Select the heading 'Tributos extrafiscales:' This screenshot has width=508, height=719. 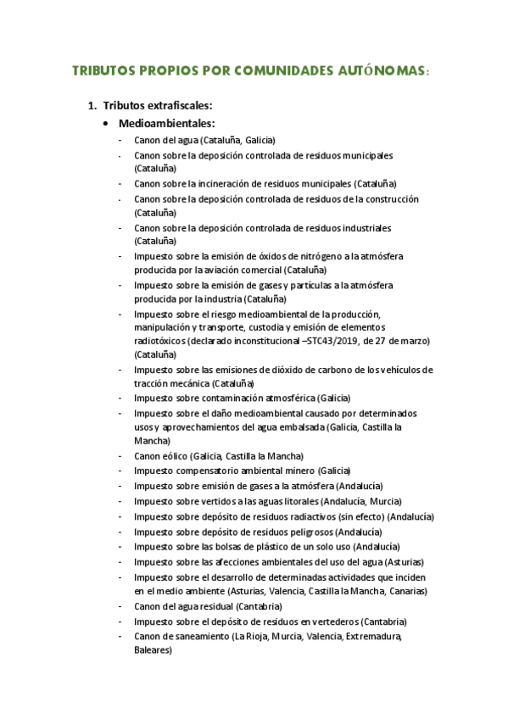(x=157, y=106)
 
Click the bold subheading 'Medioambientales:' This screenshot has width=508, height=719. (x=166, y=124)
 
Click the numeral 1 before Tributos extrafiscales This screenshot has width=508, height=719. (x=91, y=106)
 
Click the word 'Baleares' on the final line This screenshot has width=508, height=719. (x=153, y=650)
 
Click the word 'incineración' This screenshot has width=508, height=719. (x=239, y=183)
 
